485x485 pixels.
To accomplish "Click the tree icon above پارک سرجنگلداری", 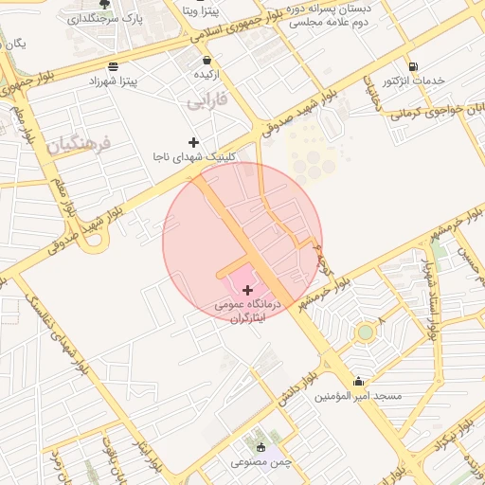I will pos(104,4).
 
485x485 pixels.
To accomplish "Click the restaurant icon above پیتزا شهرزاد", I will pos(114,66).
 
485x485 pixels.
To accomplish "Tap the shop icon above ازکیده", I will pos(207,60).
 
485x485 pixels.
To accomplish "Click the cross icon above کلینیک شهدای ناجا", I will pos(194,142).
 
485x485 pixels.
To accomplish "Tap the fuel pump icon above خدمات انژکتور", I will pos(412,66).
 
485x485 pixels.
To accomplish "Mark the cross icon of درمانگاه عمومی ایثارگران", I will pos(248,290).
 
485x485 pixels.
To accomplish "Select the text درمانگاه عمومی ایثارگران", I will pos(248,313).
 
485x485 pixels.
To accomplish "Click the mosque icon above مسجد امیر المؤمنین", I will pos(358,382).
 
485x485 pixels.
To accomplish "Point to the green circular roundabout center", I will pos(365,332).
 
